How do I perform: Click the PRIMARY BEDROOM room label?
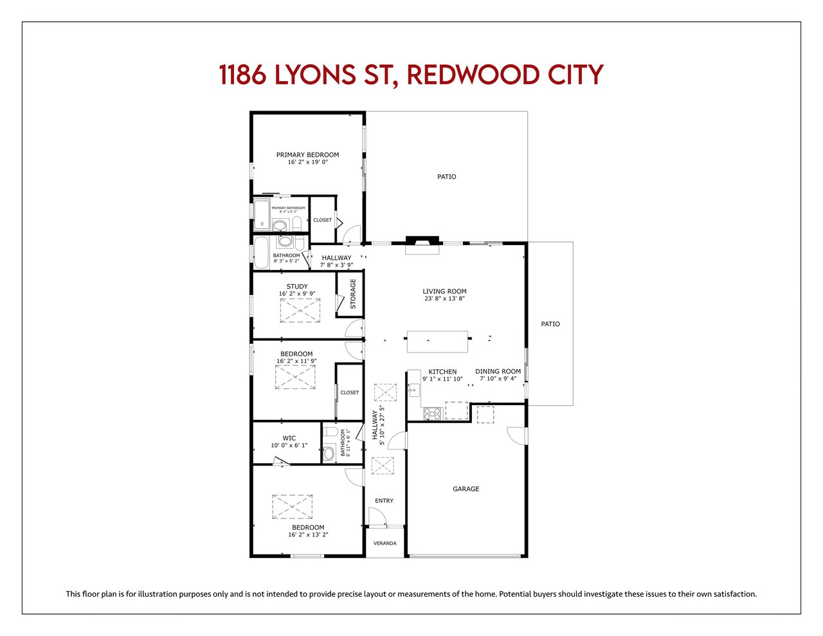coord(307,154)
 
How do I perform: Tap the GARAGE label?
coord(466,489)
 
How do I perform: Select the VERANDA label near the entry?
coord(384,543)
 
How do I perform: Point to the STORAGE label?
coord(353,294)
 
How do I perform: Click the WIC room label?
coord(289,438)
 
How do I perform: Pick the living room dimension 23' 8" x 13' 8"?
coord(444,298)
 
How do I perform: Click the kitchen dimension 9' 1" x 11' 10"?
coord(442,379)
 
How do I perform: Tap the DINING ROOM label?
coord(498,371)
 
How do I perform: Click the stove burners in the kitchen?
coord(432,413)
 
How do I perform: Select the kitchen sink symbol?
coord(413,390)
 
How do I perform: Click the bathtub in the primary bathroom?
coord(262,215)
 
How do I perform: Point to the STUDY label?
coord(297,286)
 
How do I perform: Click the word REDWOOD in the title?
coord(473,75)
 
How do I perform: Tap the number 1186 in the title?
coord(242,75)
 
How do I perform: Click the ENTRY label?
coord(384,500)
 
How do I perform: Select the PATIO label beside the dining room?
coord(550,324)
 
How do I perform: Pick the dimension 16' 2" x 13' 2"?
coord(308,534)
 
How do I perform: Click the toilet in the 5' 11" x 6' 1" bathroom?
coord(331,432)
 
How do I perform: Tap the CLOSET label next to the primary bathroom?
coord(322,220)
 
